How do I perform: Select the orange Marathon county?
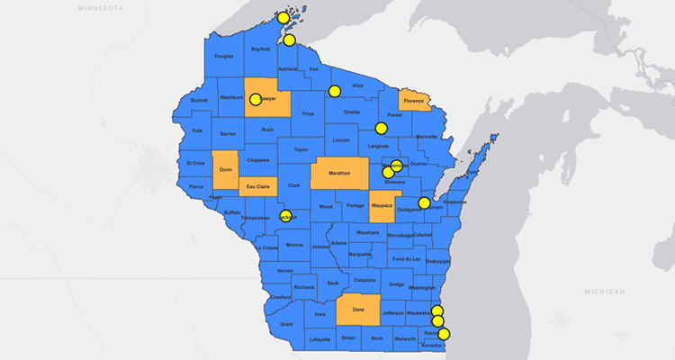pos(339,173)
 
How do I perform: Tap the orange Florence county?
pos(413,101)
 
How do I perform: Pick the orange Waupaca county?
pos(382,206)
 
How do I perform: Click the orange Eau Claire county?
pos(258,187)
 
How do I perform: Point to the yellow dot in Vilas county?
pos(335,90)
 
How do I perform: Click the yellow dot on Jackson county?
pos(285,216)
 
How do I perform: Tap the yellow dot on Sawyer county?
pos(255,100)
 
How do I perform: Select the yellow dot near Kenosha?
pos(443,334)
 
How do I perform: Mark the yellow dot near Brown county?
pos(424,202)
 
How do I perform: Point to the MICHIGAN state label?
pos(604,292)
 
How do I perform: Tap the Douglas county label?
pos(224,57)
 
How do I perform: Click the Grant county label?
pos(286,324)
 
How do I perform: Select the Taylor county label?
pos(301,149)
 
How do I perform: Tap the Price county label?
pos(308,114)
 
